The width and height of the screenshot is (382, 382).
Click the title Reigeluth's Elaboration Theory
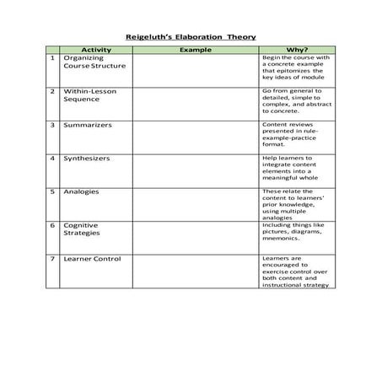(x=191, y=37)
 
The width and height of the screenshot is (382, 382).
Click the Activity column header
(x=95, y=51)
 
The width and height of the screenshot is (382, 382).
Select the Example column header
(x=195, y=51)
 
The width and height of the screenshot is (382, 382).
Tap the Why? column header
(x=293, y=51)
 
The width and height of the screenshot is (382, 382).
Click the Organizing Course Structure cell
(x=94, y=62)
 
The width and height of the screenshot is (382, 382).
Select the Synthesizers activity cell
(x=86, y=158)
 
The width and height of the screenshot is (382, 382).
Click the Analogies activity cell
(x=81, y=191)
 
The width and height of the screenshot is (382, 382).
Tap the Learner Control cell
(x=90, y=259)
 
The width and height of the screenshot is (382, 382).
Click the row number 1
(x=52, y=58)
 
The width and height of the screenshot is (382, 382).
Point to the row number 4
(x=52, y=158)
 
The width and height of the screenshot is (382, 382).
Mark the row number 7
(x=52, y=259)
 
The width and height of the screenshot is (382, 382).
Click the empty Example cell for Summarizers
(x=195, y=136)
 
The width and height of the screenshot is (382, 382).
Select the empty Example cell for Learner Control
(x=195, y=271)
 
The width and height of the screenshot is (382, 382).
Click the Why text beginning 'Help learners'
(x=292, y=168)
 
